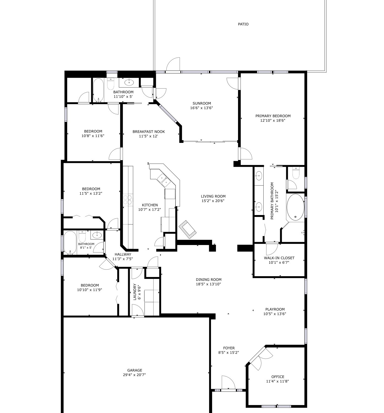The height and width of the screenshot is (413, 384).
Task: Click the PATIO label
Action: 243,24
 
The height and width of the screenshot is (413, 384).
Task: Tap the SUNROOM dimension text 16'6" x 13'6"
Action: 201,108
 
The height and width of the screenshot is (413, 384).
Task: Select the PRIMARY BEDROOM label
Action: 273,116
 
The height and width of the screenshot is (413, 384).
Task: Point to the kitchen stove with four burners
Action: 128,200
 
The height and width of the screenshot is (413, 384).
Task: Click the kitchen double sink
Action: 164,180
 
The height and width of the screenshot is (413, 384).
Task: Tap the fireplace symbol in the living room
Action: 188,229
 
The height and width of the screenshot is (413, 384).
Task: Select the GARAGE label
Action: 135,370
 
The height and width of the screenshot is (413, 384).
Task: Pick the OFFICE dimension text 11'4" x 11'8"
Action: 277,381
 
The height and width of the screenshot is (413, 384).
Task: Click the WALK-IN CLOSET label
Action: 279,258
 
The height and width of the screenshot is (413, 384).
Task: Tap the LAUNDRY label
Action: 135,292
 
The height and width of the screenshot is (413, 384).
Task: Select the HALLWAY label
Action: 123,254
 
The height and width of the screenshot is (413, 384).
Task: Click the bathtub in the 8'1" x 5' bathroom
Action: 70,243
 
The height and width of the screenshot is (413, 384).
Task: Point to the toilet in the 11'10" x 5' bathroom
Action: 110,84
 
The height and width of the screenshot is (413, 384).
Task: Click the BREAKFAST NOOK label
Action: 148,132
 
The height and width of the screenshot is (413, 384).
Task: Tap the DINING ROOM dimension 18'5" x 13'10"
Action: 208,284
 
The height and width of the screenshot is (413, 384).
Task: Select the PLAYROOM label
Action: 275,309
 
